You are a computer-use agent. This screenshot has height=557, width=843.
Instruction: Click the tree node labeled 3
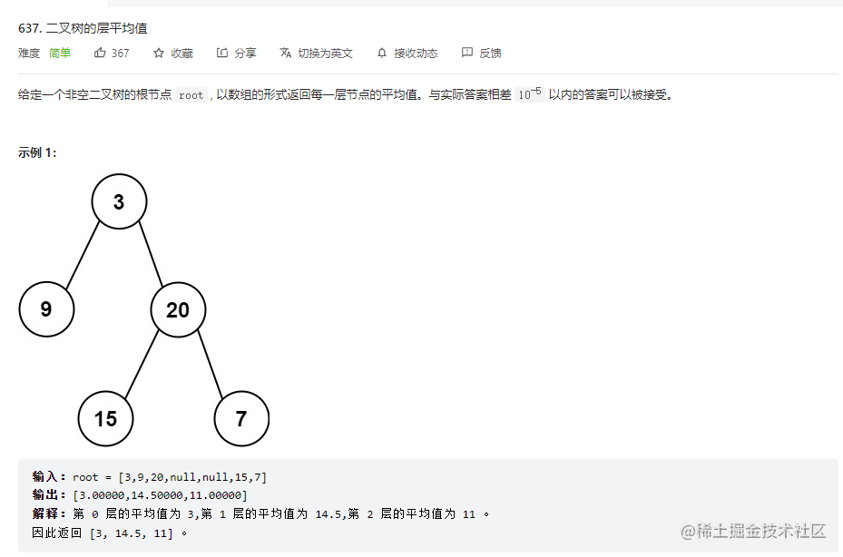click(x=119, y=201)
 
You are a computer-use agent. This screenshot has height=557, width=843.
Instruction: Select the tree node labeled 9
click(x=46, y=309)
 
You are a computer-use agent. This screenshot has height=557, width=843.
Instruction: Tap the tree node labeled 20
click(x=178, y=309)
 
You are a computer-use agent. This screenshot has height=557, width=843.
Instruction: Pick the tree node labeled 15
click(x=105, y=418)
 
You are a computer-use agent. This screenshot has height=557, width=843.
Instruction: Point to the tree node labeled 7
click(x=241, y=418)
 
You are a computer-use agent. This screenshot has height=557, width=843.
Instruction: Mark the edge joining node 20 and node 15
click(x=142, y=364)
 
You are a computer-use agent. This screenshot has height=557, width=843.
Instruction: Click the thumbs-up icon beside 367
click(x=100, y=54)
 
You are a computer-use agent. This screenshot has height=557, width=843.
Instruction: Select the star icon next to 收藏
click(x=159, y=54)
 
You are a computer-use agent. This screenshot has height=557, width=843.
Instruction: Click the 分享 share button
click(x=237, y=54)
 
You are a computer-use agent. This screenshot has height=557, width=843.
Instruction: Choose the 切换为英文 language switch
click(x=317, y=54)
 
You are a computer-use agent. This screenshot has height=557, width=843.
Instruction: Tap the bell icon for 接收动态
click(x=382, y=54)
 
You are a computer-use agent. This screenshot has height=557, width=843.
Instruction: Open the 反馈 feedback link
click(x=482, y=54)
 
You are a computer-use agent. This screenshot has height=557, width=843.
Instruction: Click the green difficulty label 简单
click(x=60, y=54)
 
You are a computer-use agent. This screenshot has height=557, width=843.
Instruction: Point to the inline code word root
click(x=191, y=95)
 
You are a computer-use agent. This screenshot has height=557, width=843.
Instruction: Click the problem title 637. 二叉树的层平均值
click(x=83, y=28)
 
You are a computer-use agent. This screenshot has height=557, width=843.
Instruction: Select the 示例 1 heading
click(x=37, y=152)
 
